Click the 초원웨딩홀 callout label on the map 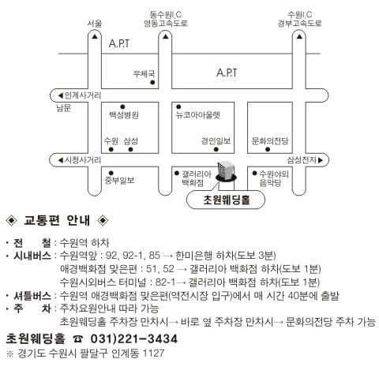226,200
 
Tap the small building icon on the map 226,171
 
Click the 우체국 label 144,74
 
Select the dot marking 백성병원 122,107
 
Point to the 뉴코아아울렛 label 198,115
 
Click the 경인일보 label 216,141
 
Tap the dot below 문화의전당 268,150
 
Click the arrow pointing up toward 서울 95,36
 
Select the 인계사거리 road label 83,95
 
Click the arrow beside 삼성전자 321,160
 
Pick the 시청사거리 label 83,160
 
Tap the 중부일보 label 119,181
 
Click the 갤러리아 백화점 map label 197,178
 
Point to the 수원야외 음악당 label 274,178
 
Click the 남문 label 64,108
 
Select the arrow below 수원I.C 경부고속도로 299,36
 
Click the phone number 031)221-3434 134,338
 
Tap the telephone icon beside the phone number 78,339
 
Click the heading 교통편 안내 57,220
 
